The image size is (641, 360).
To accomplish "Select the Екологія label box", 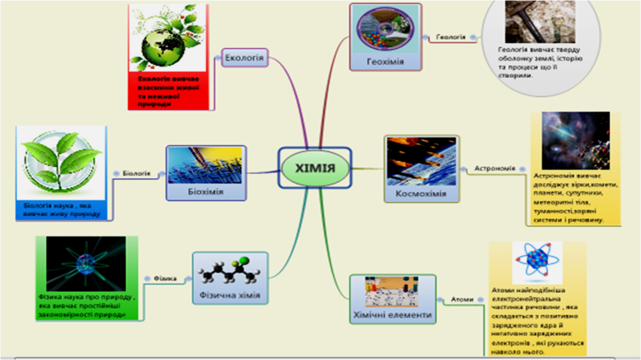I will pyautogui.click(x=245, y=57).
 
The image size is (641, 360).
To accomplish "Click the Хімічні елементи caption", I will pyautogui.click(x=393, y=315).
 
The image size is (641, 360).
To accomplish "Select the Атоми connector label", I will pyautogui.click(x=461, y=299).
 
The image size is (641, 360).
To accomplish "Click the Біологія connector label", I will pyautogui.click(x=137, y=172).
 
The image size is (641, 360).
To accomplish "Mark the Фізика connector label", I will pyautogui.click(x=158, y=277).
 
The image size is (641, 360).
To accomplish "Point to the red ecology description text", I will pyautogui.click(x=167, y=91).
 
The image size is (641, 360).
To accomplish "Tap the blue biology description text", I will pyautogui.click(x=60, y=209).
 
